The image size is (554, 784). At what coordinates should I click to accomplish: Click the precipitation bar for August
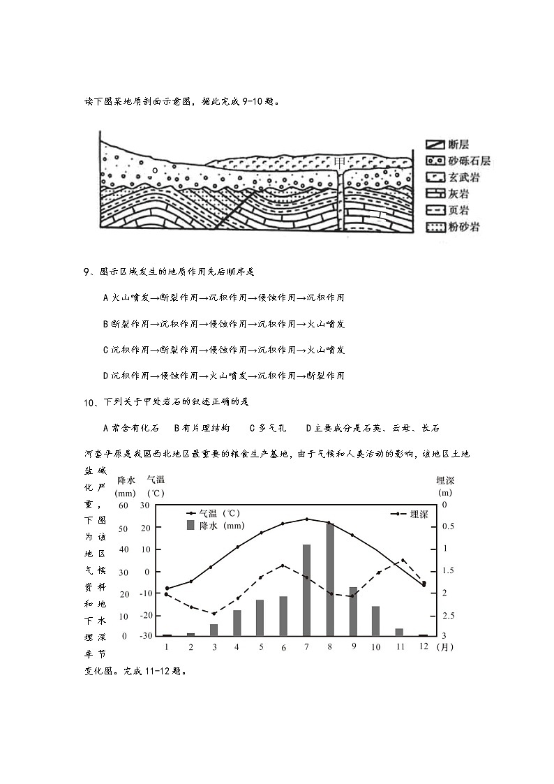pyautogui.click(x=330, y=579)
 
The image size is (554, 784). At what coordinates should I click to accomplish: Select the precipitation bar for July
pyautogui.click(x=306, y=590)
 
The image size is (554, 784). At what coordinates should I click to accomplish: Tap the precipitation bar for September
pyautogui.click(x=353, y=612)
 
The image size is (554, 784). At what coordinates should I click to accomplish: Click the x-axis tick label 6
pyautogui.click(x=283, y=647)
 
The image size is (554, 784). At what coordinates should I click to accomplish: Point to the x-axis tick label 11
pyautogui.click(x=400, y=646)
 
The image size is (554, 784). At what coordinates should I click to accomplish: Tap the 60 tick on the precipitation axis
pyautogui.click(x=123, y=505)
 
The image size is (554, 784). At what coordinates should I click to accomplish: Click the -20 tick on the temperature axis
pyautogui.click(x=144, y=615)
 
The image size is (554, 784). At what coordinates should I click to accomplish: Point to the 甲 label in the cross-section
pyautogui.click(x=340, y=162)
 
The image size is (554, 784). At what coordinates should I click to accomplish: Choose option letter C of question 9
pyautogui.click(x=105, y=350)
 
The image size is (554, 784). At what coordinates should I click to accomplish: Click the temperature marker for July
pyautogui.click(x=306, y=519)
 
